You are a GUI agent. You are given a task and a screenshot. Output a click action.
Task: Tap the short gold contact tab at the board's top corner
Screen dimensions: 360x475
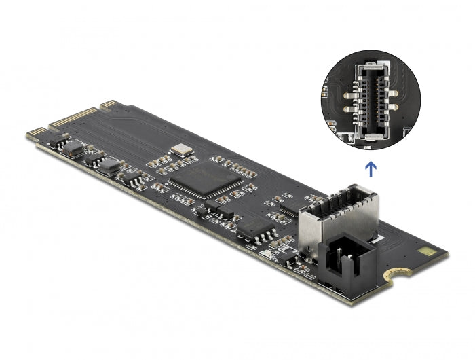pyautogui.click(x=108, y=104)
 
